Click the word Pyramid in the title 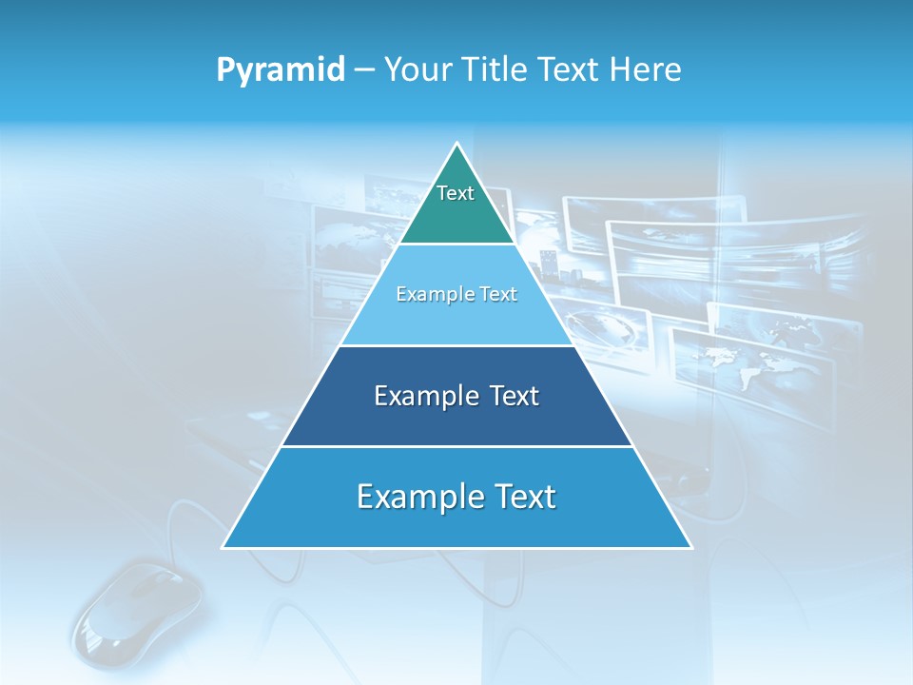[280, 69]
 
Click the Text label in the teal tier [456, 193]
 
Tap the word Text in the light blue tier [497, 295]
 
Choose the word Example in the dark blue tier [422, 396]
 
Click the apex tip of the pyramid [456, 144]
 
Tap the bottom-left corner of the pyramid [223, 547]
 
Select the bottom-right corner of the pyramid [690, 547]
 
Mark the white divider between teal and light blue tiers [456, 245]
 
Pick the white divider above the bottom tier [456, 446]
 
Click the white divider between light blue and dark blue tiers [456, 345]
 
